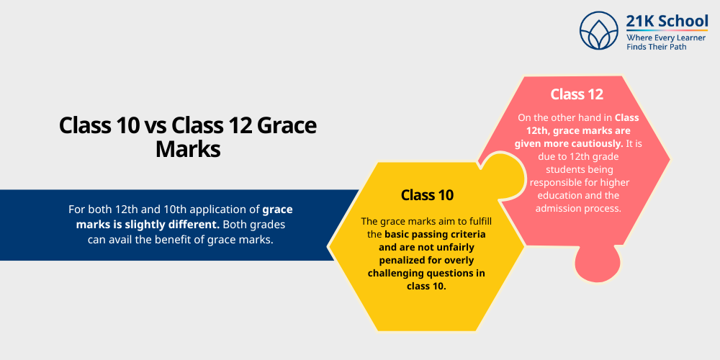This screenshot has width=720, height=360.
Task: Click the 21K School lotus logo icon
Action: tap(599, 31)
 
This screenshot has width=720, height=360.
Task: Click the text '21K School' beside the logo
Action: tap(657, 22)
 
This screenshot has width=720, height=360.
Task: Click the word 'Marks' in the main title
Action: tap(188, 149)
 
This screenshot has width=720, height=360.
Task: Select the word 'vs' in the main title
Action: tap(156, 125)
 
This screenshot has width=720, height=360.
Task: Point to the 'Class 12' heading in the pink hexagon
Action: tap(577, 94)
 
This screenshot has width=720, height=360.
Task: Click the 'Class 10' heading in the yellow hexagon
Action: tap(427, 194)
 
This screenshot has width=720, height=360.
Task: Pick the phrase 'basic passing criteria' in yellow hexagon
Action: tap(435, 234)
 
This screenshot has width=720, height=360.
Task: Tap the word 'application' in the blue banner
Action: tap(208, 209)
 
